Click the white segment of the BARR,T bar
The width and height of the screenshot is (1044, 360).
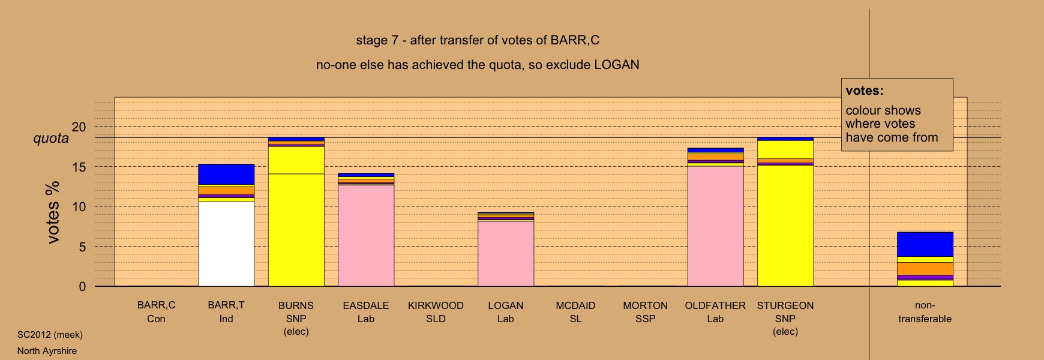(x=226, y=244)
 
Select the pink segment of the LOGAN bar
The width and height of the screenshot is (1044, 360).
(x=506, y=254)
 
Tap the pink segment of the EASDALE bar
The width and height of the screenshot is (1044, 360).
(x=366, y=236)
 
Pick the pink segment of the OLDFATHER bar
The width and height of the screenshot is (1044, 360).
(x=715, y=226)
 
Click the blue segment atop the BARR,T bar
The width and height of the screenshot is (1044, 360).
(x=226, y=174)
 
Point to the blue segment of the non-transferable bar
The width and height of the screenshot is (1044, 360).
(x=925, y=244)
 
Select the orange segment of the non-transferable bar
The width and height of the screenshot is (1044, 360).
(x=925, y=269)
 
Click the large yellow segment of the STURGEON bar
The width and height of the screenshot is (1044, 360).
(x=785, y=226)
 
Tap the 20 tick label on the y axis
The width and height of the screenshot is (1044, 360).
(x=79, y=127)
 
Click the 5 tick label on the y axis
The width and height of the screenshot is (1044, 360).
(x=82, y=247)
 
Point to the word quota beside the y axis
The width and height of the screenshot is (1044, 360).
(x=51, y=139)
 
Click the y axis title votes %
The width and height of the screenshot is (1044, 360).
(x=53, y=212)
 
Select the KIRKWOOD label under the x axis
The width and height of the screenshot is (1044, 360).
(x=436, y=305)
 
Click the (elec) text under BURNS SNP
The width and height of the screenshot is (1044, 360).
(x=296, y=332)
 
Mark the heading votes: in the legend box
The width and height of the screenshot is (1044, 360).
(x=865, y=91)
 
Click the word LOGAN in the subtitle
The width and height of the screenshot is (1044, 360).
(x=617, y=65)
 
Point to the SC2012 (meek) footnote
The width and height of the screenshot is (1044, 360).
(x=50, y=335)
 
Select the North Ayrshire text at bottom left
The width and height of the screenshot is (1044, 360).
(x=47, y=351)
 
